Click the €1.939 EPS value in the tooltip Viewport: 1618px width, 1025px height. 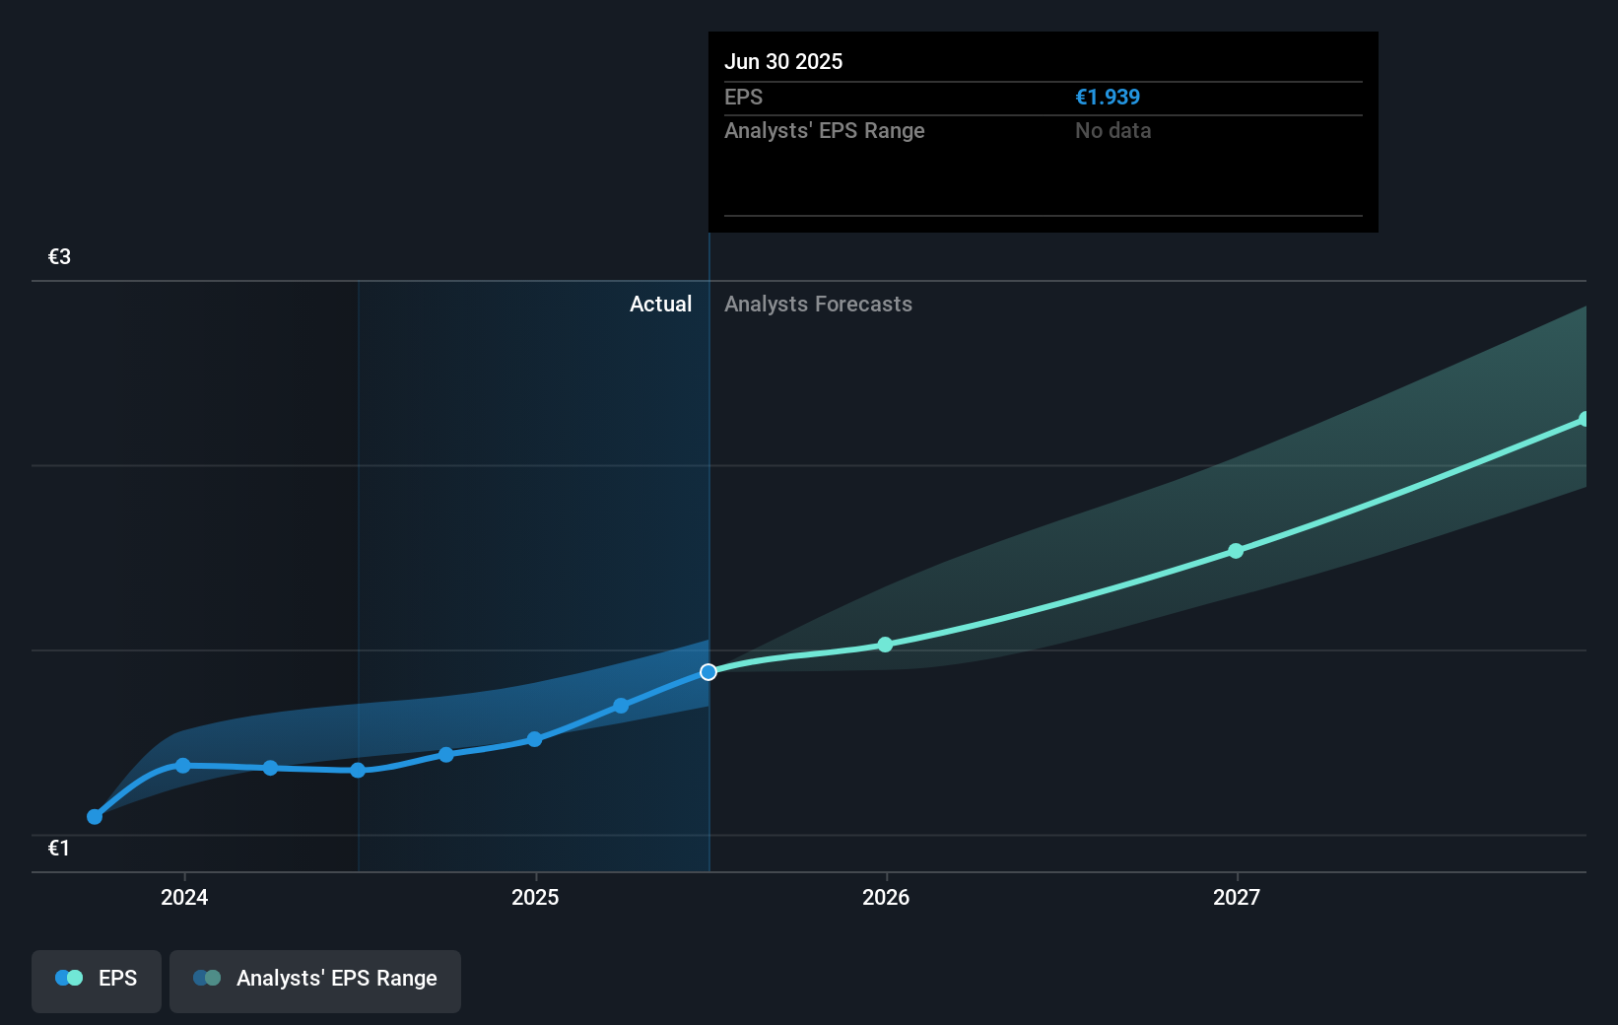coord(1107,98)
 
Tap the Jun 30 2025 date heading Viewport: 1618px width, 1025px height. coord(783,61)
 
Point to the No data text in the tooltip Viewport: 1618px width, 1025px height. coord(1112,131)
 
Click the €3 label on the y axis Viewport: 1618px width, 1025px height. coord(59,257)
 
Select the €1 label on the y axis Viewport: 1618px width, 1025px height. coord(59,848)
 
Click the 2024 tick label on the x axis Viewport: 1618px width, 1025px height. coord(184,897)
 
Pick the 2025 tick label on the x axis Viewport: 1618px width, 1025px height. coord(535,897)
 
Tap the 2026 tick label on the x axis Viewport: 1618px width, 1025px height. coord(886,897)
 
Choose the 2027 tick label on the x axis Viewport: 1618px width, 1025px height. coord(1237,897)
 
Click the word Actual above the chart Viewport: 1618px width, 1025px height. coord(660,305)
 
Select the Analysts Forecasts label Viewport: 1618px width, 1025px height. coord(818,305)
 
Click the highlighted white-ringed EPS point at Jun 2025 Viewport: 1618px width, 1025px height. coord(708,672)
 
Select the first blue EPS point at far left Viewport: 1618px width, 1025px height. coord(95,816)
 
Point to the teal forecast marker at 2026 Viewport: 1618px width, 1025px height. coord(885,645)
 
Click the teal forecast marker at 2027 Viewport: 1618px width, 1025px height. coord(1236,551)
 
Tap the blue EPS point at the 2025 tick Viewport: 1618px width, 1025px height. coord(534,739)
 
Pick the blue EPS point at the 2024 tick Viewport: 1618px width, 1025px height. coord(182,766)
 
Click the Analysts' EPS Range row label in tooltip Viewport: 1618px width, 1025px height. coord(824,131)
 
